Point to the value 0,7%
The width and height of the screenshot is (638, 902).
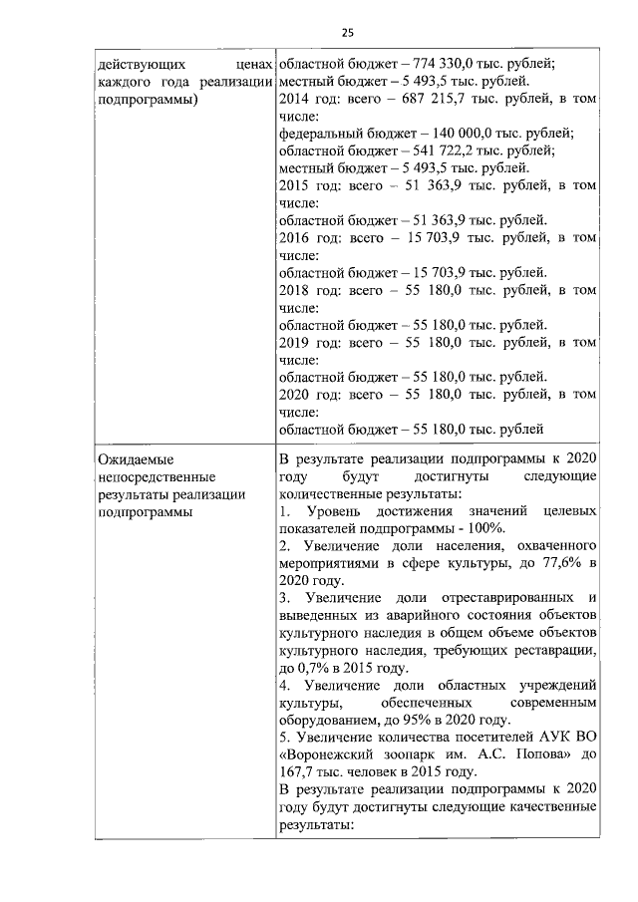pyautogui.click(x=314, y=668)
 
